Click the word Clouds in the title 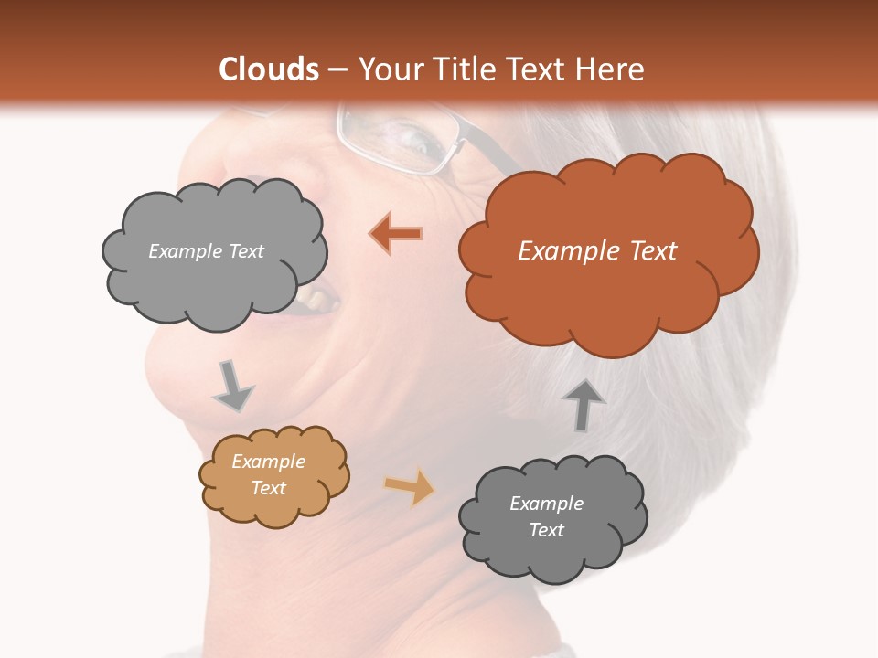tap(269, 69)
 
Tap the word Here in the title tap(609, 69)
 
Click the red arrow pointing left tap(396, 234)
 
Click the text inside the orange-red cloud tap(597, 251)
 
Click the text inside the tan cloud tap(268, 474)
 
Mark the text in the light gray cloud tap(206, 251)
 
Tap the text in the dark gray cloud tap(546, 516)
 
